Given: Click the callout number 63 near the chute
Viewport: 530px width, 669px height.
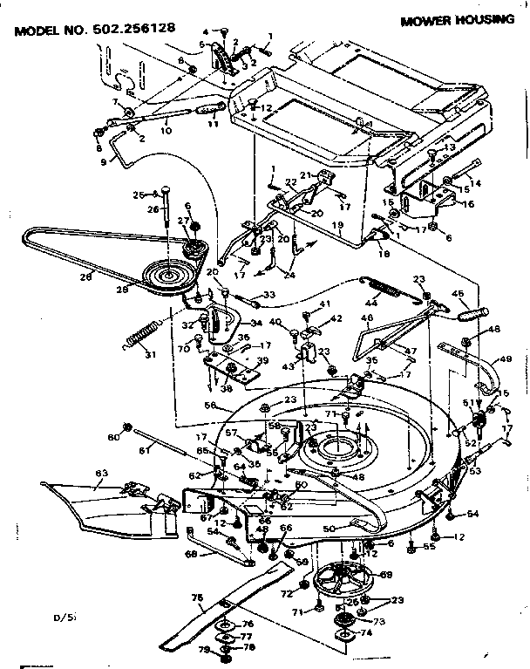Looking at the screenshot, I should tap(102, 474).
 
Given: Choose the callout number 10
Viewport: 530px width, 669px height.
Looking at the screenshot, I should tap(166, 131).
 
